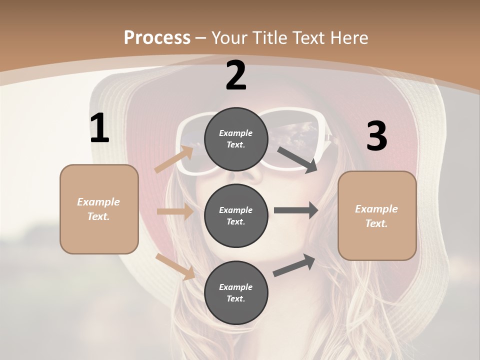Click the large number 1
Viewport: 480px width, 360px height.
point(99,129)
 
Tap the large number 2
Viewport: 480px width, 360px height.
point(236,76)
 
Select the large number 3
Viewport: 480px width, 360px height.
point(376,136)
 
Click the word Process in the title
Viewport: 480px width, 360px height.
point(157,37)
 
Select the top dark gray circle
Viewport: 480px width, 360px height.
point(236,139)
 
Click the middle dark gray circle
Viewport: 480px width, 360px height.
point(236,215)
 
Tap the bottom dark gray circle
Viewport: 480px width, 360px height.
point(236,292)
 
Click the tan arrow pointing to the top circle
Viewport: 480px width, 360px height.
point(174,159)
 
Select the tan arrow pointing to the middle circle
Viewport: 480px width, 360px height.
point(175,211)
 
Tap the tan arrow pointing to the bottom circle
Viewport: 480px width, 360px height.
point(175,266)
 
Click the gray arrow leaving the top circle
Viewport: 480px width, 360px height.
point(297,159)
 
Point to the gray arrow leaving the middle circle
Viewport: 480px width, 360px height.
point(295,210)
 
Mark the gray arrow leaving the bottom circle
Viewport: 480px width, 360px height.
point(294,265)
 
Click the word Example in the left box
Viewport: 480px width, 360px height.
point(98,202)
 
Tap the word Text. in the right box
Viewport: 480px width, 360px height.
point(376,223)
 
